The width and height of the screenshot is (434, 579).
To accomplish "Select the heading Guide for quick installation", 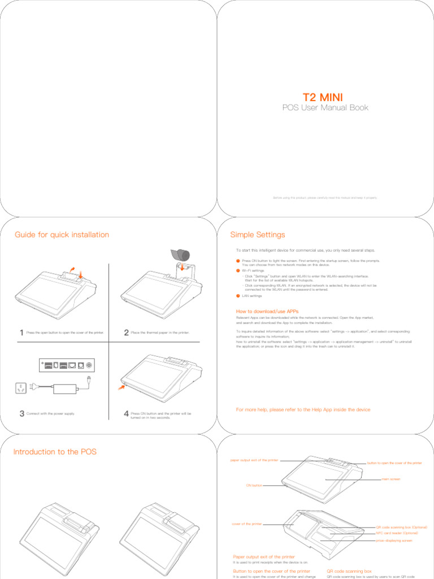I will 62,235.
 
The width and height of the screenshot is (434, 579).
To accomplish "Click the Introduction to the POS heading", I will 55,451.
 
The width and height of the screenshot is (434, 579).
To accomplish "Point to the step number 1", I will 21,333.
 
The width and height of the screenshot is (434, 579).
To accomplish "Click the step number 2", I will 126,333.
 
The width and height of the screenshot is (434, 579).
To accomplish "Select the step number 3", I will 21,414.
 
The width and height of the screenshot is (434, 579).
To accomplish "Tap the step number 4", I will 126,414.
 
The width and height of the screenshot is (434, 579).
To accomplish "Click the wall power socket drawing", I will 20,388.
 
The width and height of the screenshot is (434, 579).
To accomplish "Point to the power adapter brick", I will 67,389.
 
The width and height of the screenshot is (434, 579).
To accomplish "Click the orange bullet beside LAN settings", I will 238,296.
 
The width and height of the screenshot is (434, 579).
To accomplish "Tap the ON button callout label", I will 254,485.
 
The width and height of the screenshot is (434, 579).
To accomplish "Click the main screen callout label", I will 391,479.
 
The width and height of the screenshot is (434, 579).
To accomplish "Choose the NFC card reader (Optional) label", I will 397,533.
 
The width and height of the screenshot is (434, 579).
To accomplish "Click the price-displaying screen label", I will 394,541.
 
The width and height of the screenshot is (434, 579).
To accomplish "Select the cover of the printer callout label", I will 246,524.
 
